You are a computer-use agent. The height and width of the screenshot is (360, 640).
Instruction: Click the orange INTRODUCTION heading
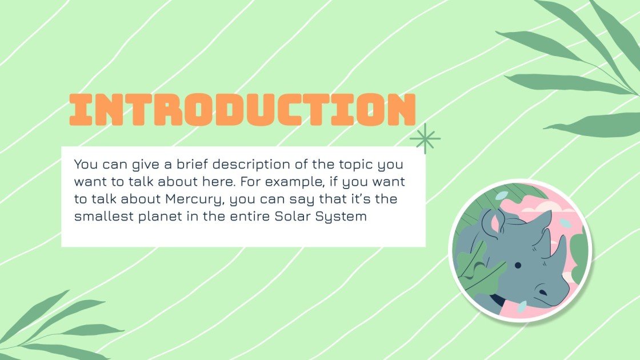pos(242,110)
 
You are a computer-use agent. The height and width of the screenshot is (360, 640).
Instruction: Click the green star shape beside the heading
pos(425,139)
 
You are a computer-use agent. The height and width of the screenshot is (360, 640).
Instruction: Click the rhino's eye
pos(517,265)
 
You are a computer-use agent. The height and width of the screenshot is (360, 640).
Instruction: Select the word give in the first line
pos(129,165)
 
